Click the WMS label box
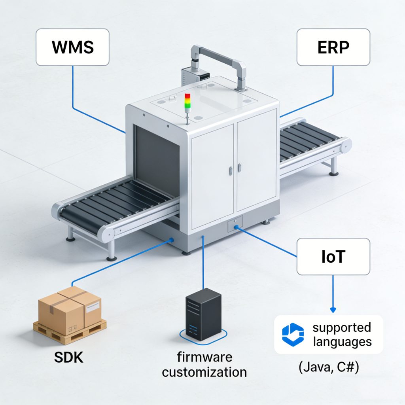tap(72, 47)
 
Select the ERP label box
tap(333, 47)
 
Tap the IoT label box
tap(333, 256)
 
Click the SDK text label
tap(69, 357)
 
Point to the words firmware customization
tap(204, 365)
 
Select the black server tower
tap(203, 314)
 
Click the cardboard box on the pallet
tap(70, 308)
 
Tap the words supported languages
tap(342, 334)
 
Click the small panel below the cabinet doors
tap(235, 226)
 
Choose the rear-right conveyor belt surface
tap(308, 140)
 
